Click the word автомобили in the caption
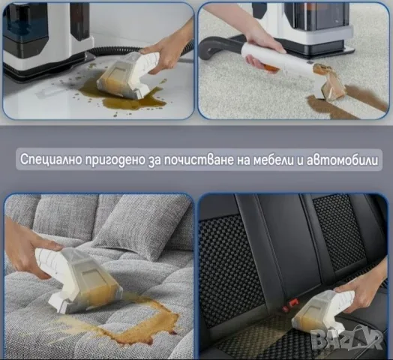click(342, 160)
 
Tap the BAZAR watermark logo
click(346, 338)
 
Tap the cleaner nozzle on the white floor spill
click(127, 74)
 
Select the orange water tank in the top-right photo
click(318, 16)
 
